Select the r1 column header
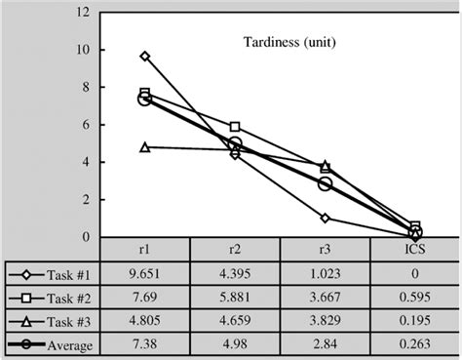pos(145,249)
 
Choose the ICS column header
pos(416,249)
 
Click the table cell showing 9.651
pos(145,274)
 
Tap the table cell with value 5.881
pos(235,298)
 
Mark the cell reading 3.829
pos(326,321)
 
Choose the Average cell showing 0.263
pos(416,344)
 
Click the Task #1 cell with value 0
pos(416,274)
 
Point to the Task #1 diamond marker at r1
pos(145,57)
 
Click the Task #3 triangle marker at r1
pos(145,147)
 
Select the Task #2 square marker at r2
pos(235,127)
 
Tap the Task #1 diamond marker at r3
pos(326,218)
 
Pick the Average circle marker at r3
pos(326,183)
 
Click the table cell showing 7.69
pos(145,298)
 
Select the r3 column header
pos(326,249)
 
